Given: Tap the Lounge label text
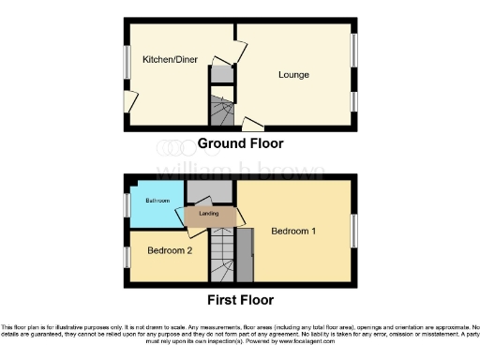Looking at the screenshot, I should tap(293, 74).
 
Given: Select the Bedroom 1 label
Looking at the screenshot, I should tap(293, 231).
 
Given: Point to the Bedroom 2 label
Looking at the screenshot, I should tap(170, 251).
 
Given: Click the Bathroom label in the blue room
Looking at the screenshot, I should tap(156, 202).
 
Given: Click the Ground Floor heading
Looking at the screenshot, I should tap(240, 143).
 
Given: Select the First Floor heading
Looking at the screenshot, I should tap(240, 300).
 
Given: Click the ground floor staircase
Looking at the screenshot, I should tap(221, 112).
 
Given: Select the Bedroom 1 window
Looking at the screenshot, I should tap(353, 231).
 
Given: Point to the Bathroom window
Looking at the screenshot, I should tap(127, 205).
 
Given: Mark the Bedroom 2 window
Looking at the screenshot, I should tap(127, 256).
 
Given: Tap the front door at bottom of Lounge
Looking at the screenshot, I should tap(252, 124).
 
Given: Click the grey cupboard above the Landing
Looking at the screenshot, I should tap(200, 194).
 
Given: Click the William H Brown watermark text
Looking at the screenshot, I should tap(240, 171).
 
